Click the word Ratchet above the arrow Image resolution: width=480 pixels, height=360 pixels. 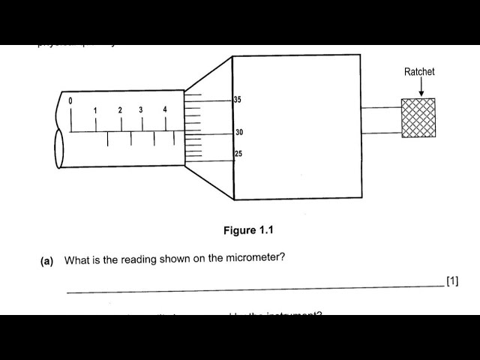pyautogui.click(x=419, y=72)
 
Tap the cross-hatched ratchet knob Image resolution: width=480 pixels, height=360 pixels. pyautogui.click(x=418, y=118)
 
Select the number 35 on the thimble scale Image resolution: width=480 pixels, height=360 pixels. pyautogui.click(x=237, y=100)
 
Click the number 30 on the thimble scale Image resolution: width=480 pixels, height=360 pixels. pyautogui.click(x=239, y=133)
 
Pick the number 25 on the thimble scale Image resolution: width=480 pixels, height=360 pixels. pyautogui.click(x=238, y=154)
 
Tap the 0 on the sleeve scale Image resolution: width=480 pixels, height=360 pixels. pyautogui.click(x=70, y=100)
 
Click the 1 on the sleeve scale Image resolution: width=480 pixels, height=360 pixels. pyautogui.click(x=95, y=111)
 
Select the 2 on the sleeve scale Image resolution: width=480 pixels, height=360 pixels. pyautogui.click(x=120, y=110)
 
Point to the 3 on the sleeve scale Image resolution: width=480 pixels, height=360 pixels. pyautogui.click(x=141, y=110)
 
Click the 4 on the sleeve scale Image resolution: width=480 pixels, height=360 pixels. pyautogui.click(x=165, y=110)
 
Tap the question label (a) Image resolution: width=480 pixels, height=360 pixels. pyautogui.click(x=47, y=261)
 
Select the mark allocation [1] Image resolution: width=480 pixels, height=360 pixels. pyautogui.click(x=451, y=281)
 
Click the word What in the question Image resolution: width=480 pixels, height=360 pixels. pyautogui.click(x=76, y=260)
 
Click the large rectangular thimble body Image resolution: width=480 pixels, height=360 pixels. pyautogui.click(x=296, y=127)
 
